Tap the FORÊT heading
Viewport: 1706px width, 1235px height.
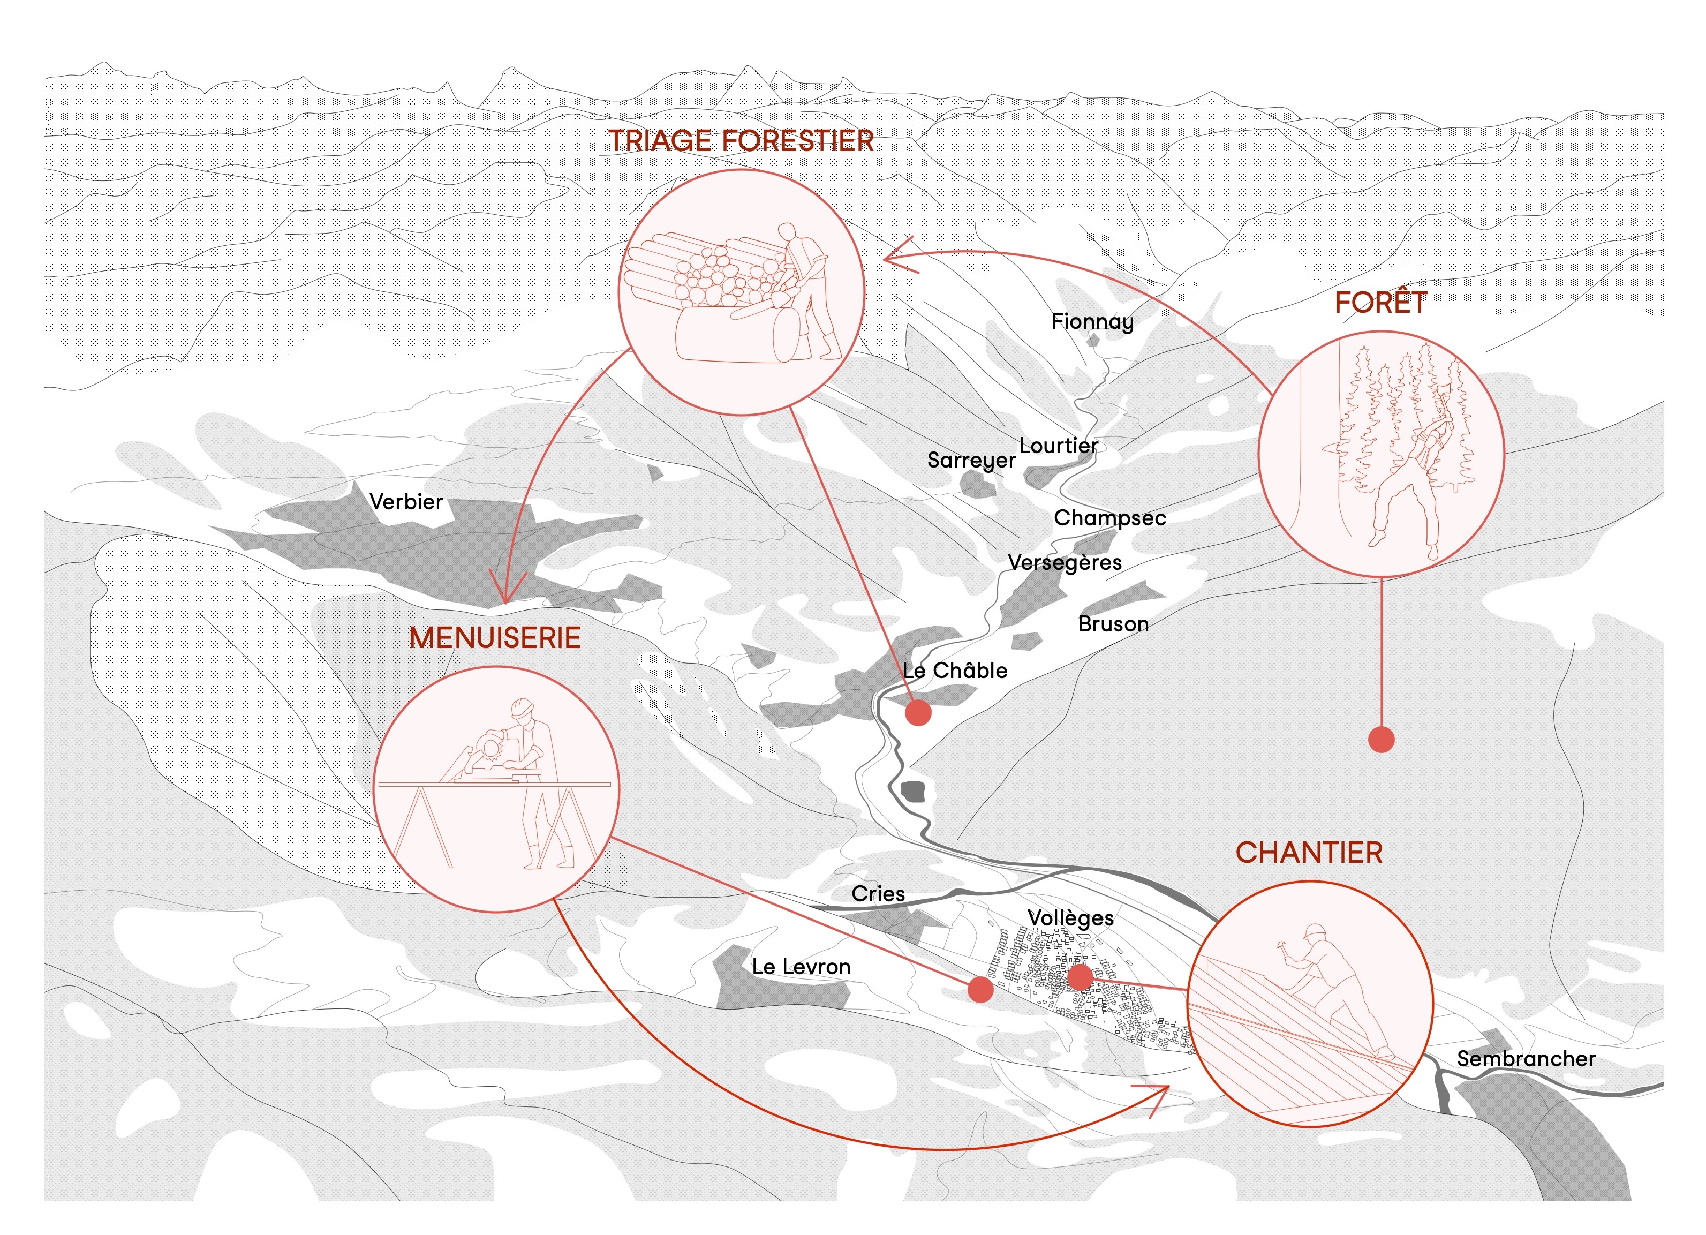point(1380,303)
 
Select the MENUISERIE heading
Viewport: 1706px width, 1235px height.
point(495,638)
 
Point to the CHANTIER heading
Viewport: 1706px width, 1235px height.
point(1309,853)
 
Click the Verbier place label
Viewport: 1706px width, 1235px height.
point(406,502)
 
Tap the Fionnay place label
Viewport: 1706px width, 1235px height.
point(1092,322)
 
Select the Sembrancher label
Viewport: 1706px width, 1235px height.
point(1526,1059)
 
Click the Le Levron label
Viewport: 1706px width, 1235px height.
point(801,967)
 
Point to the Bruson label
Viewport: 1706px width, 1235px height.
point(1113,624)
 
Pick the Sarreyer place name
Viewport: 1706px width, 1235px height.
point(971,460)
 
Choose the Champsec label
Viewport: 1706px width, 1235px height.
point(1109,518)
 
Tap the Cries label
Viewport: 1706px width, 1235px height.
point(878,894)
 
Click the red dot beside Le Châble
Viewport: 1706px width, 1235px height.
point(918,712)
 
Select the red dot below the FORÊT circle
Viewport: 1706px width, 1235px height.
point(1381,740)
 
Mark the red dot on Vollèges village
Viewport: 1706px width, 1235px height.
point(1080,978)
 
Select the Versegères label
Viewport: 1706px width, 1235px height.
point(1065,562)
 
